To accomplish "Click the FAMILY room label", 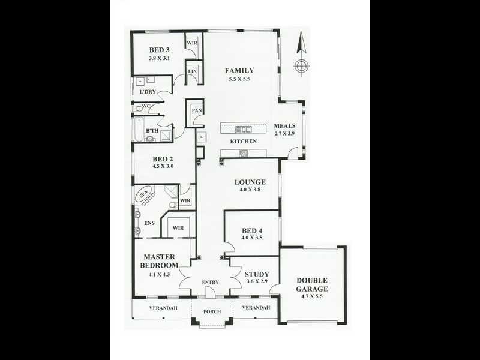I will point(239,70).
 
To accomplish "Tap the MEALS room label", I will point(286,126).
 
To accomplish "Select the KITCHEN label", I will point(244,142).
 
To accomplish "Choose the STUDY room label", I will point(257,274).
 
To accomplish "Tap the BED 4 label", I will point(252,230).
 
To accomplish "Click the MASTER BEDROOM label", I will point(159,262).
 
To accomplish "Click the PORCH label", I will point(212,311).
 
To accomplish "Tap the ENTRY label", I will point(210,283).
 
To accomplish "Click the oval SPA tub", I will point(143,194).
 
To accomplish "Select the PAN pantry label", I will point(196,111).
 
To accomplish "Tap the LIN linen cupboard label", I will point(193,71).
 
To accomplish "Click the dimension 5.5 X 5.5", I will point(239,79).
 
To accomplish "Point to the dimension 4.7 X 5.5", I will point(312,297).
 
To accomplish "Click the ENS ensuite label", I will point(149,223).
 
